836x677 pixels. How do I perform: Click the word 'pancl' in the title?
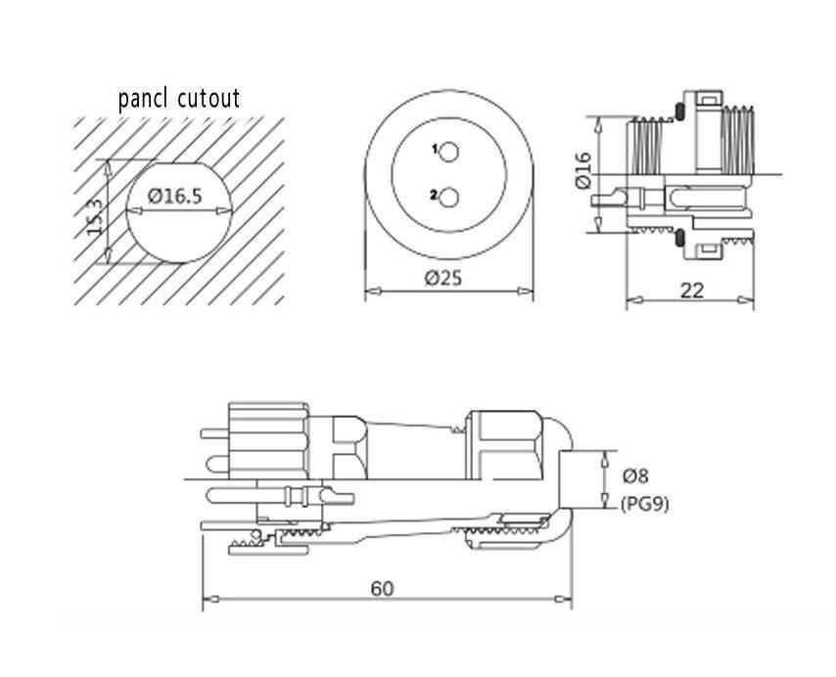[145, 99]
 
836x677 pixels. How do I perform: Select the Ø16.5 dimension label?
[175, 197]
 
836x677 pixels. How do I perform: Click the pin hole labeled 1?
[449, 153]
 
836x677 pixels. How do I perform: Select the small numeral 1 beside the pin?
[434, 150]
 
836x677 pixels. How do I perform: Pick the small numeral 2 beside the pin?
[433, 196]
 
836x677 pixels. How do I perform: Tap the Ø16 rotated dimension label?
[583, 171]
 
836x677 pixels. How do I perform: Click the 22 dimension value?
[692, 289]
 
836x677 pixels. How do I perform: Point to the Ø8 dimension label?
[635, 476]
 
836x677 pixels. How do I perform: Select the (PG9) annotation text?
[645, 504]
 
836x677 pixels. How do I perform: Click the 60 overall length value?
[383, 588]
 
